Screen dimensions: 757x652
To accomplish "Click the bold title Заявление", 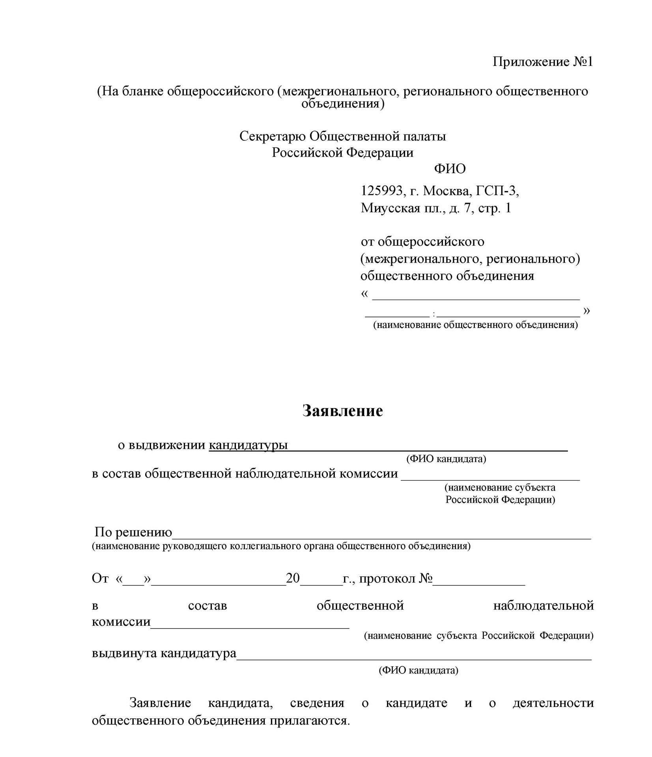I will (x=342, y=410).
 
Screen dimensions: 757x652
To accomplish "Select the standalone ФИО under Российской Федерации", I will (x=450, y=169).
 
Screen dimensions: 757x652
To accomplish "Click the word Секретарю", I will (x=273, y=136).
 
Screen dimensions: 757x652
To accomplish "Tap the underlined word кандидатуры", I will (x=248, y=445).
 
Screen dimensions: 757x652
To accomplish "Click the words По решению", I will (x=133, y=532).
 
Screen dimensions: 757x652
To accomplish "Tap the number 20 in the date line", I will (x=293, y=578).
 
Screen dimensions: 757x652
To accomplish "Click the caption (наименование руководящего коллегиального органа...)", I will (x=281, y=546).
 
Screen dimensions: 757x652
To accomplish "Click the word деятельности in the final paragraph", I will (x=553, y=703).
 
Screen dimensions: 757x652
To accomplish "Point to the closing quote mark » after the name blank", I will (x=587, y=311).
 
